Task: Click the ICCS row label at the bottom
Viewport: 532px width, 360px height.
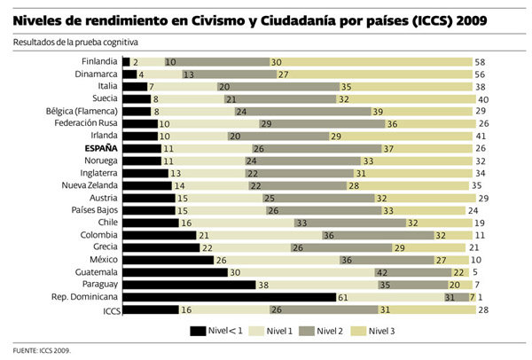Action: [111, 310]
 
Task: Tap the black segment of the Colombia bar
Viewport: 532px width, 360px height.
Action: [159, 235]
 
